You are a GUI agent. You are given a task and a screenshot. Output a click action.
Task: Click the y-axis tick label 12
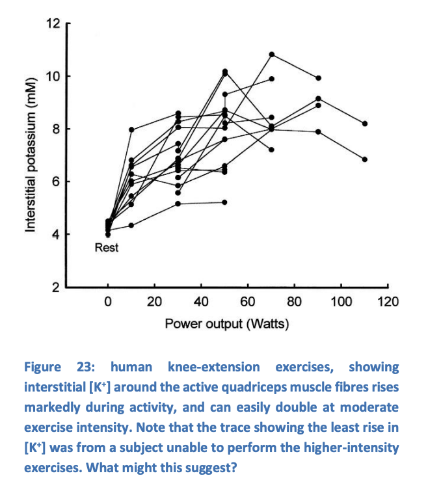(x=53, y=25)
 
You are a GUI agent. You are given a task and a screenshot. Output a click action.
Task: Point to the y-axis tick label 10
(x=53, y=77)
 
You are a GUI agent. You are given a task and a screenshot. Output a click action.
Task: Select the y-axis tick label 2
(x=56, y=287)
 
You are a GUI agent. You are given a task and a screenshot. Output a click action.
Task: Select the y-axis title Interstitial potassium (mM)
(x=29, y=156)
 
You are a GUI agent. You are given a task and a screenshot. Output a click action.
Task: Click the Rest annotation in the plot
(x=107, y=248)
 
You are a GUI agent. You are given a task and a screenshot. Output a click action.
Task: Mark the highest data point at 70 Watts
(x=272, y=54)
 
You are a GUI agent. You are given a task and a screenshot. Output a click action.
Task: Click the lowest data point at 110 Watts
(x=365, y=159)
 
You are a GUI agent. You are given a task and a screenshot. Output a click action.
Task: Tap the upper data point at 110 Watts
(x=365, y=124)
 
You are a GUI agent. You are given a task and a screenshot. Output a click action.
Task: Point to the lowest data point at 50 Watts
(x=225, y=202)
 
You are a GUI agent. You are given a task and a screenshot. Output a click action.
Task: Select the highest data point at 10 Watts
(x=131, y=129)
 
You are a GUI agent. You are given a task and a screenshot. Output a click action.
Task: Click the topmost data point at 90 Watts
(x=319, y=78)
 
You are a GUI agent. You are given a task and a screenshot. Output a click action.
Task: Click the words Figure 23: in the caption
(x=59, y=367)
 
